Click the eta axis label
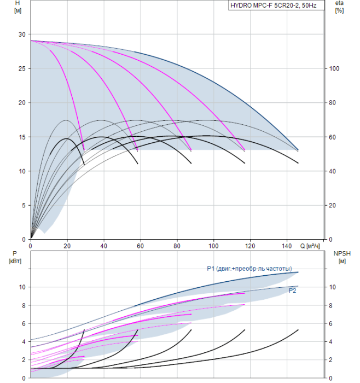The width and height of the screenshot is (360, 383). [x=339, y=7]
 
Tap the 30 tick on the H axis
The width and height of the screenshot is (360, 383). [x=22, y=34]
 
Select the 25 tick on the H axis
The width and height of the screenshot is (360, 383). [x=22, y=68]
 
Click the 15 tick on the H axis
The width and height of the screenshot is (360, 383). [x=22, y=137]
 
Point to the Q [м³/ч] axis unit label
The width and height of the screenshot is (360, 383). [x=310, y=246]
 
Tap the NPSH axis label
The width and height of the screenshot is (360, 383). [x=341, y=257]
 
